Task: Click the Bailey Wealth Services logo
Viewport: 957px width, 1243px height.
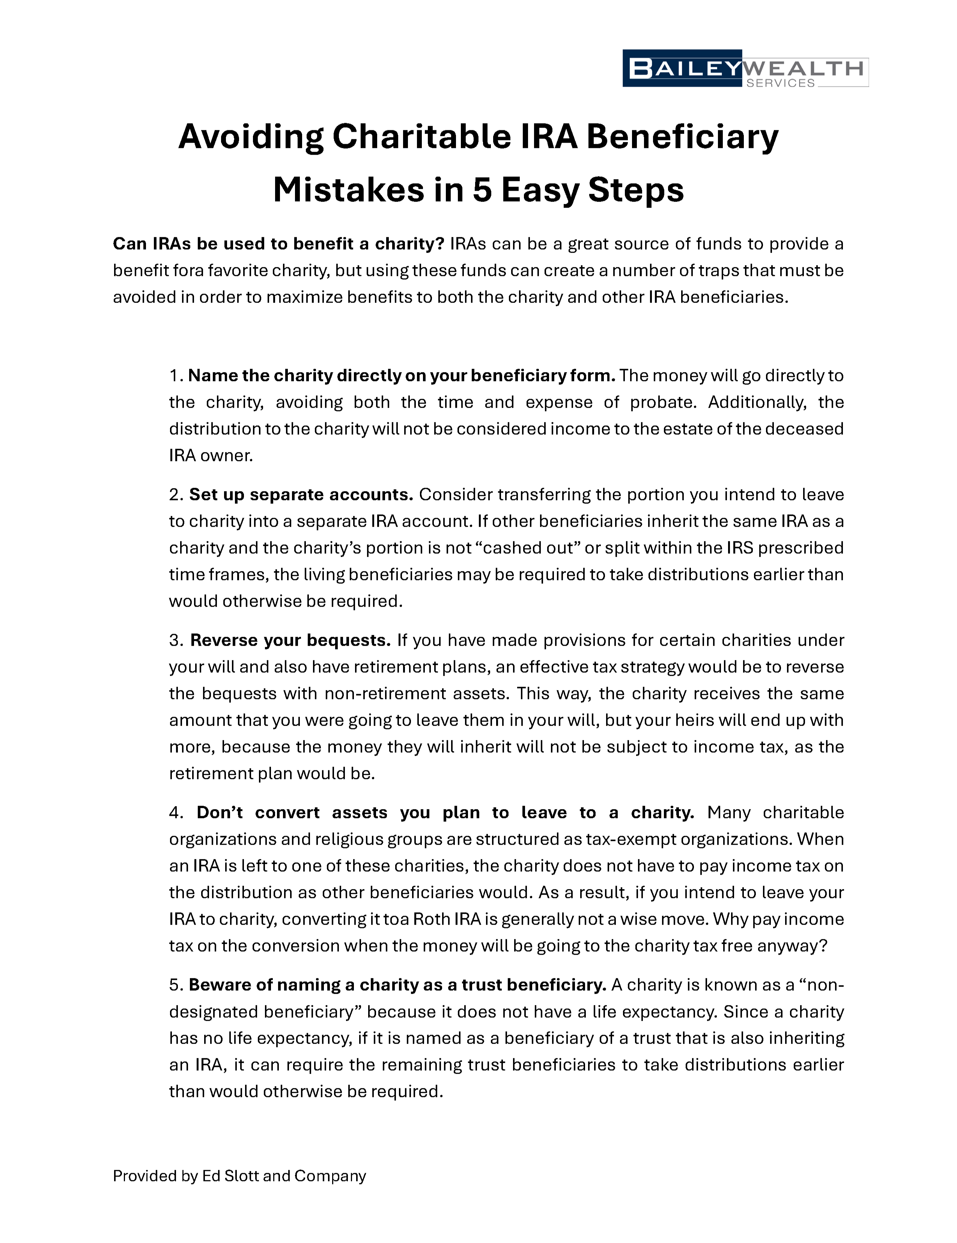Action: [x=745, y=69]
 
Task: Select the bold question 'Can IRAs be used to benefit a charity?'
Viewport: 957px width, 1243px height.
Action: [x=278, y=244]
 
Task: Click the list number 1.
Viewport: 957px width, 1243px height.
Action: [x=176, y=376]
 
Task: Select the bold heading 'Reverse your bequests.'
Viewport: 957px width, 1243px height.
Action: [x=290, y=640]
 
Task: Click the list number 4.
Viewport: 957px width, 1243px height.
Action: [x=175, y=813]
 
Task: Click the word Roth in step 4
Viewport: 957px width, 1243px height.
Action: [x=431, y=919]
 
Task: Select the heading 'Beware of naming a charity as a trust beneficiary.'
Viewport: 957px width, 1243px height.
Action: [x=397, y=985]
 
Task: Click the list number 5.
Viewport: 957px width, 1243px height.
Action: [x=175, y=985]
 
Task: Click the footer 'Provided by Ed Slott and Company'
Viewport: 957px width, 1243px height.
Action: [x=239, y=1176]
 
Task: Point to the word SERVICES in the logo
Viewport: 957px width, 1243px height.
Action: [x=780, y=83]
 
